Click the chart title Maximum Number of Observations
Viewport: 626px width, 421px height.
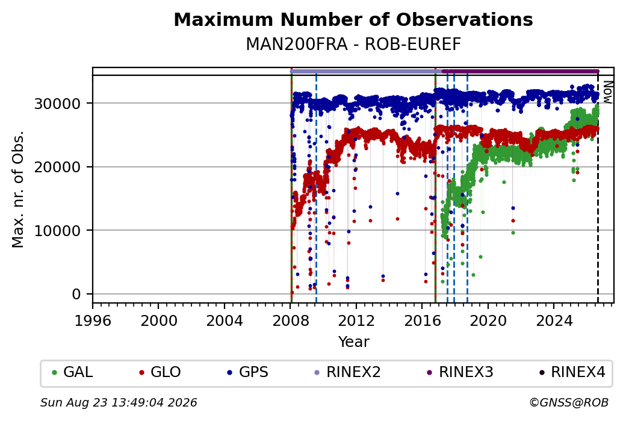353,19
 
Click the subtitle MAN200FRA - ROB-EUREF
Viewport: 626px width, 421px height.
353,44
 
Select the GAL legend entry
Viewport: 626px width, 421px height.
73,372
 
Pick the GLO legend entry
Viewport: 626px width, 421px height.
160,372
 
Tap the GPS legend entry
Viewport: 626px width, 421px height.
248,372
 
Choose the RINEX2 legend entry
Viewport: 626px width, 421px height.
348,372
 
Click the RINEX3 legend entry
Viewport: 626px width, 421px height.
460,372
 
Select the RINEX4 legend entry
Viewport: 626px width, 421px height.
572,372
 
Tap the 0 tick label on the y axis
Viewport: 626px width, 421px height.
76,295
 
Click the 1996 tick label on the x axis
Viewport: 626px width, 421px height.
93,321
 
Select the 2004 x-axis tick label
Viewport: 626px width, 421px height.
225,321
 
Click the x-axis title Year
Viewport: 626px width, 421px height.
354,342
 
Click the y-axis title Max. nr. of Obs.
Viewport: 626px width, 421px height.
18,189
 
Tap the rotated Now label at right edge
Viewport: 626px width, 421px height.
607,92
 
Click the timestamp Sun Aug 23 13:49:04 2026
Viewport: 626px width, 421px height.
119,402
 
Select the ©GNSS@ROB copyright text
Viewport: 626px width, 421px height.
569,402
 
